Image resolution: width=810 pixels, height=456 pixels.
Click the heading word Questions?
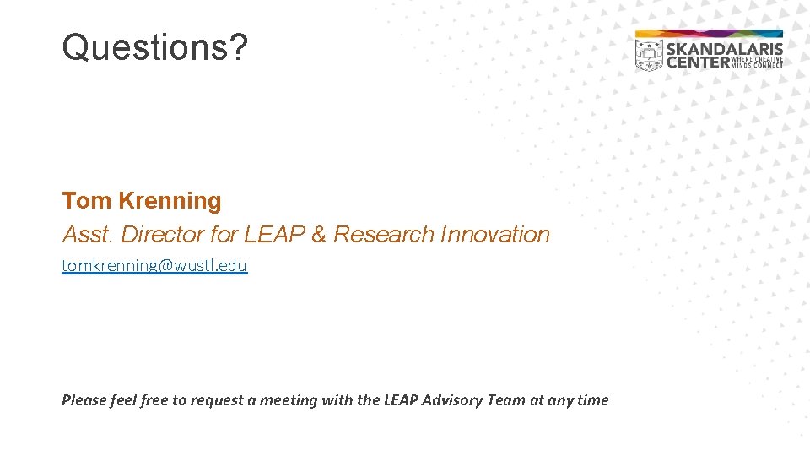point(155,47)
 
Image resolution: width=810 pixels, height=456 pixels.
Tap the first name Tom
point(87,201)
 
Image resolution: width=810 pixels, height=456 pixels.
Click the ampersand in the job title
point(318,235)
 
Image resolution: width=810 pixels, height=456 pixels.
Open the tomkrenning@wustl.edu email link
point(154,266)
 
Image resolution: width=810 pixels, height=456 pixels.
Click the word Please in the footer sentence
point(84,400)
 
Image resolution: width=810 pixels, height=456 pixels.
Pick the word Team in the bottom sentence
point(506,400)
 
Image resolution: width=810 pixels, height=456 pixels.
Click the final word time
point(591,400)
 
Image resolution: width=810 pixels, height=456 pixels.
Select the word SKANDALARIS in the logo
point(725,49)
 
